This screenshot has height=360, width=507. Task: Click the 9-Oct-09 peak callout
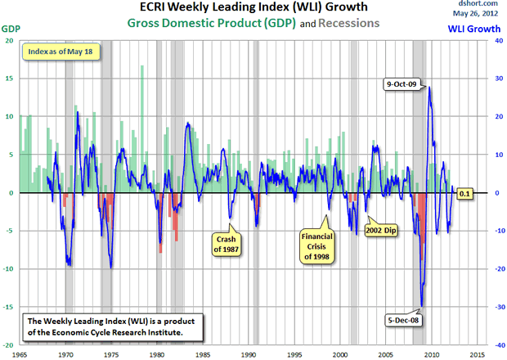click(x=403, y=83)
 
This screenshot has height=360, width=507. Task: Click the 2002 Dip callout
click(x=381, y=222)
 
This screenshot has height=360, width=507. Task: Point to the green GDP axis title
click(x=11, y=29)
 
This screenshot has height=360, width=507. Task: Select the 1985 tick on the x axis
click(x=204, y=353)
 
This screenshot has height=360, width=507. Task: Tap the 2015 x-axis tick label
click(x=479, y=353)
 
